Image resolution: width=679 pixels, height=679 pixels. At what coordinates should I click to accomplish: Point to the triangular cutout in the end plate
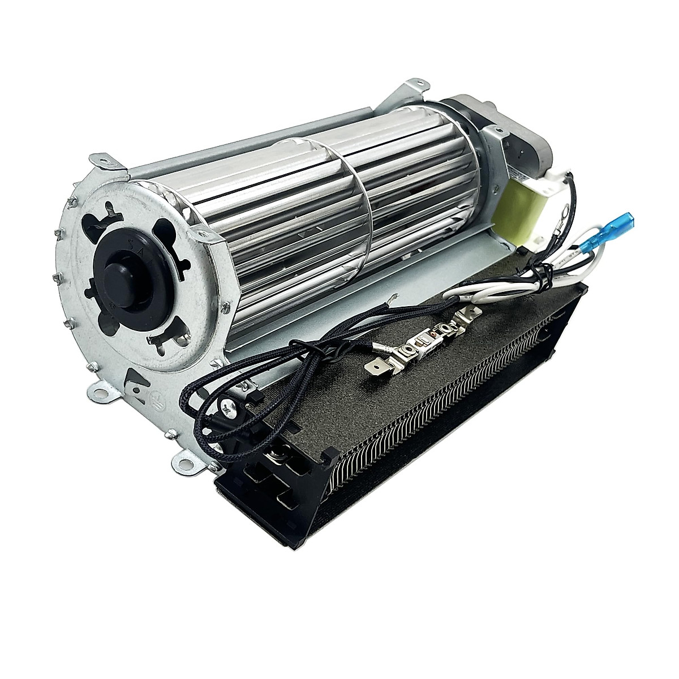pos(131,380)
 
